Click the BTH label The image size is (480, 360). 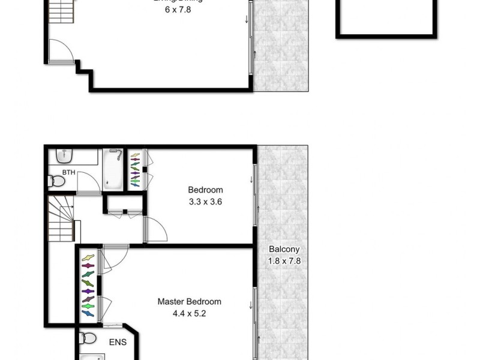[68, 172]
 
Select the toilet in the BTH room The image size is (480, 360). [56, 180]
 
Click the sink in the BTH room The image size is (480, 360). [64, 155]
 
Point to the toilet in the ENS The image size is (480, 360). [87, 338]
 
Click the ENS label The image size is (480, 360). [118, 343]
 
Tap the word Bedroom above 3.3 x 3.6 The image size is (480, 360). [205, 190]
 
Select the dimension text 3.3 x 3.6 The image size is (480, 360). [205, 202]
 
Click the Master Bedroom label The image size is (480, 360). [189, 301]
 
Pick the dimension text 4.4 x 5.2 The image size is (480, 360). [189, 313]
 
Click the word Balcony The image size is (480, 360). [284, 250]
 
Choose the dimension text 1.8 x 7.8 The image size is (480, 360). [284, 261]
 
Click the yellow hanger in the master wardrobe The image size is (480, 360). [88, 258]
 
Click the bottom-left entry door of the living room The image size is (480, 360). [60, 51]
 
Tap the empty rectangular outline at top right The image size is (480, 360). [385, 18]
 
